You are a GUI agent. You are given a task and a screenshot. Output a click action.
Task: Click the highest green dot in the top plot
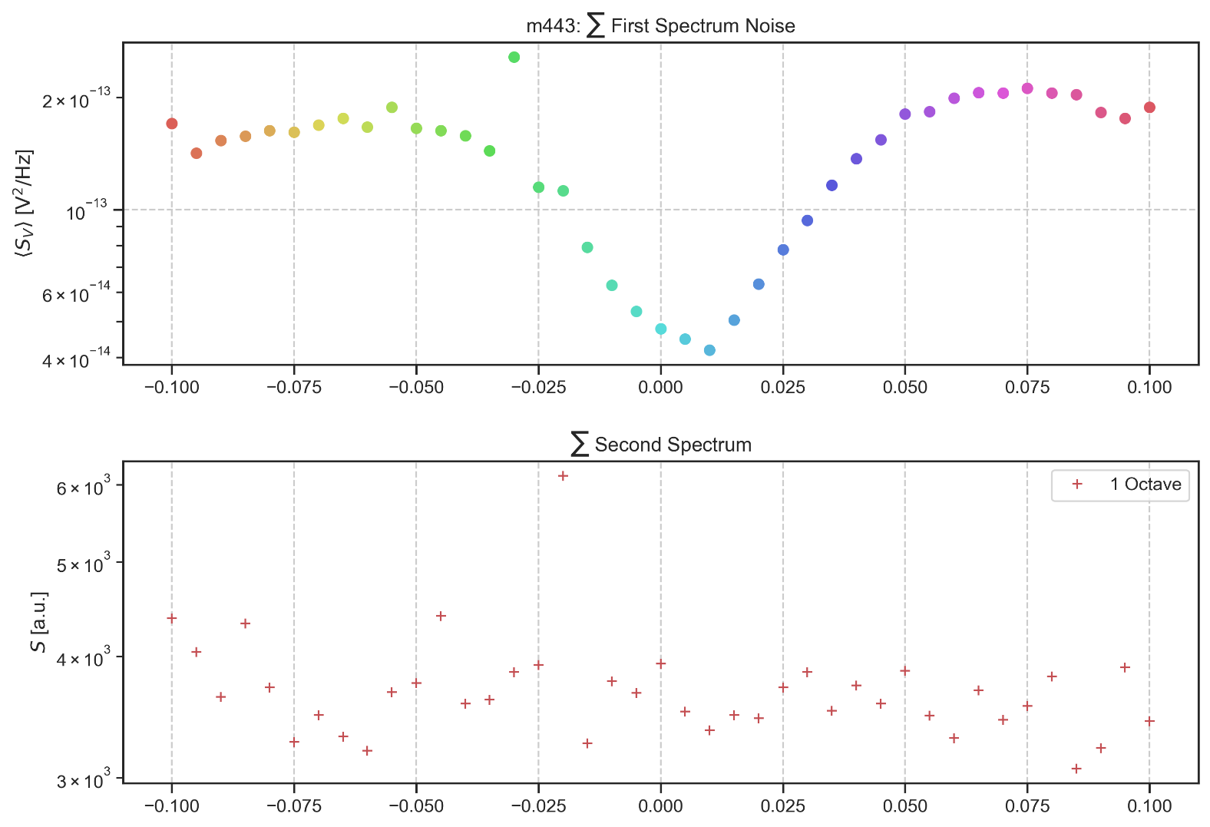pyautogui.click(x=514, y=58)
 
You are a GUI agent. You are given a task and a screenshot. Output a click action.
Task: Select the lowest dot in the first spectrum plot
pyautogui.click(x=709, y=350)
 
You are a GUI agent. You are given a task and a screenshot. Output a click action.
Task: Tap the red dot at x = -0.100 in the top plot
pyautogui.click(x=172, y=124)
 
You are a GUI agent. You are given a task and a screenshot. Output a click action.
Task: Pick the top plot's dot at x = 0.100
pyautogui.click(x=1149, y=108)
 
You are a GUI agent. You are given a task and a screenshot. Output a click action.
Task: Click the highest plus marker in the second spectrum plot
pyautogui.click(x=563, y=476)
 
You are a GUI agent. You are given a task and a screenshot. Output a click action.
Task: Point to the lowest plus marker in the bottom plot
pyautogui.click(x=1076, y=769)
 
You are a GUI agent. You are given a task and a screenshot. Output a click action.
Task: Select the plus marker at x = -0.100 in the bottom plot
pyautogui.click(x=172, y=618)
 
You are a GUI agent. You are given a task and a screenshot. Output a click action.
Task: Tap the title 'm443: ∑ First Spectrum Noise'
pyautogui.click(x=660, y=26)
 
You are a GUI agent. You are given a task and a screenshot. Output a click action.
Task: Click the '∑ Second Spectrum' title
pyautogui.click(x=660, y=445)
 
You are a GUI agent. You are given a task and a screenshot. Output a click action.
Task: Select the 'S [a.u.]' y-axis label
pyautogui.click(x=38, y=622)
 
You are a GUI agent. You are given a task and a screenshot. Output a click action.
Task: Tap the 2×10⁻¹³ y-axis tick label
pyautogui.click(x=76, y=100)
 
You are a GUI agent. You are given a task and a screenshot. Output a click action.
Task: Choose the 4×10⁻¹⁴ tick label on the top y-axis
pyautogui.click(x=76, y=358)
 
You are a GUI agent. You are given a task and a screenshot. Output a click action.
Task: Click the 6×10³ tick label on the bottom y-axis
pyautogui.click(x=84, y=488)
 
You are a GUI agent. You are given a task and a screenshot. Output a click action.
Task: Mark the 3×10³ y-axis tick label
pyautogui.click(x=84, y=781)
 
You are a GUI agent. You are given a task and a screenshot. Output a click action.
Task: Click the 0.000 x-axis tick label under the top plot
pyautogui.click(x=660, y=387)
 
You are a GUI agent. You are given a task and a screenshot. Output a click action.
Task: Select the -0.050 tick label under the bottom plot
pyautogui.click(x=416, y=806)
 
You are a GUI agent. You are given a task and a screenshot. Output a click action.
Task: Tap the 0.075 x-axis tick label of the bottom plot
pyautogui.click(x=1027, y=806)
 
